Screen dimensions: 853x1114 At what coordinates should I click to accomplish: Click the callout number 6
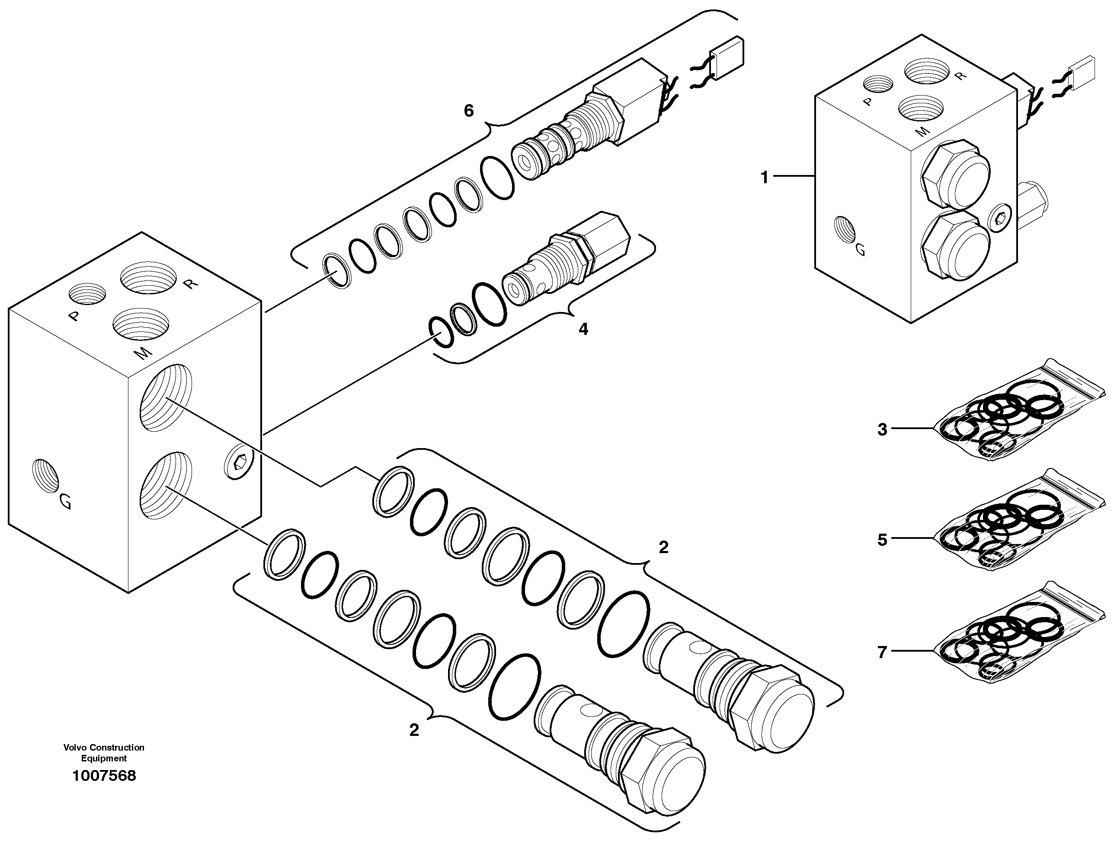(x=469, y=110)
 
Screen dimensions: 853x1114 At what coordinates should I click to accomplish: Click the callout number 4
(x=583, y=330)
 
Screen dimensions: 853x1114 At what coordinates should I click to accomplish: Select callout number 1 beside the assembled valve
(x=764, y=178)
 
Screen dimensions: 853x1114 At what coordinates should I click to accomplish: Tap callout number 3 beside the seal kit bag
(x=882, y=430)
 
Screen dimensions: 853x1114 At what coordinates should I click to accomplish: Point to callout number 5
(x=882, y=540)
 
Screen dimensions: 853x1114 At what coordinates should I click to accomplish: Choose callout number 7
(x=882, y=652)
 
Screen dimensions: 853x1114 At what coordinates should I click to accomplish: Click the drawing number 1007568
(x=104, y=776)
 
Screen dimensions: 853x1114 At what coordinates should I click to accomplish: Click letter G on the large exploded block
(x=65, y=502)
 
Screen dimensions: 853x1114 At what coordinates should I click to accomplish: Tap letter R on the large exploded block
(x=189, y=284)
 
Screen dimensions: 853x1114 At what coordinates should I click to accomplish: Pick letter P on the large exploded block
(x=75, y=317)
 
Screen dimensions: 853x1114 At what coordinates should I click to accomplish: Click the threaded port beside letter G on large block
(x=45, y=475)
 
